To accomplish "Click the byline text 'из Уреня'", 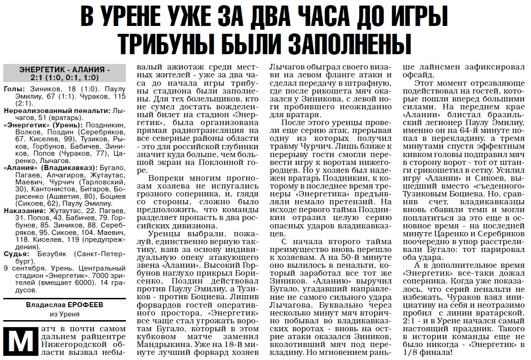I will tap(64, 314).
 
